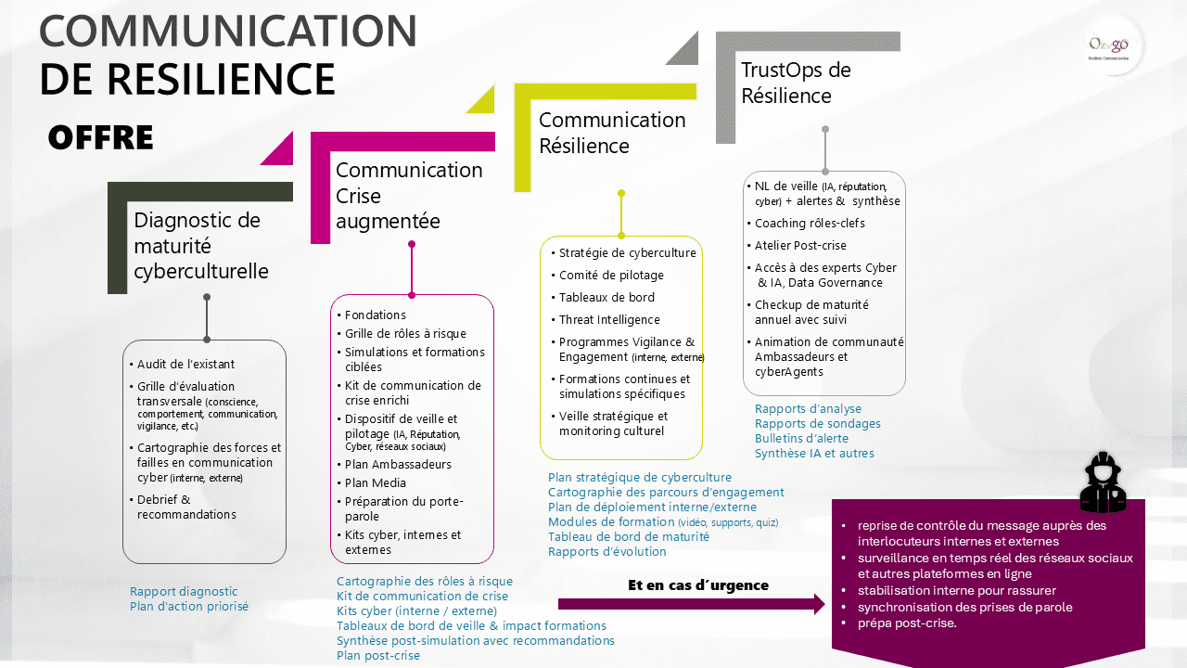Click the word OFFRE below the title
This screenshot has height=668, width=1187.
point(100,137)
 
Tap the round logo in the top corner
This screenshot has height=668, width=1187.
point(1114,45)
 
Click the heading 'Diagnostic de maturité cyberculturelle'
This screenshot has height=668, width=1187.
point(201,246)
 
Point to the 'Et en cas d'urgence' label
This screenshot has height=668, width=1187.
point(698,585)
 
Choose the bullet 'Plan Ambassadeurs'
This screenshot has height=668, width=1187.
point(398,464)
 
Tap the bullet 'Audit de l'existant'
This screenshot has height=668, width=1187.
point(185,365)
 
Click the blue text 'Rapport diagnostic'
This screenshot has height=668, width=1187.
point(184,592)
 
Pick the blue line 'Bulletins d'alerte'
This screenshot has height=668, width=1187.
point(802,439)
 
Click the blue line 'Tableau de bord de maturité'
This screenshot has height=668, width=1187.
point(629,537)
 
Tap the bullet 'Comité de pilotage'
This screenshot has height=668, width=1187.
point(611,276)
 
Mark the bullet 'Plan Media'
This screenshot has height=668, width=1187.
point(375,482)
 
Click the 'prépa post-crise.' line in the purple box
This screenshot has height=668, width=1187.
point(907,623)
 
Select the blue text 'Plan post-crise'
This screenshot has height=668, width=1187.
point(378,656)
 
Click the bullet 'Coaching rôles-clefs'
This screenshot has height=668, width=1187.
point(810,224)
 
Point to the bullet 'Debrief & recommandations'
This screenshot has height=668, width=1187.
point(186,507)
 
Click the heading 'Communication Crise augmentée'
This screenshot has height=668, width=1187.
point(409,196)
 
